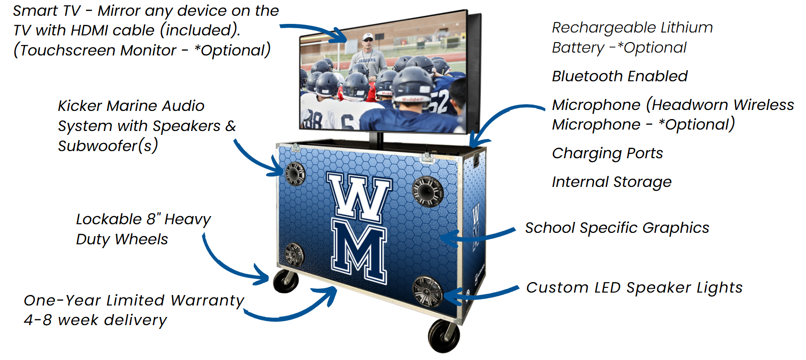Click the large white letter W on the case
pyautogui.click(x=359, y=196)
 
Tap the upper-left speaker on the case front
pyautogui.click(x=295, y=174)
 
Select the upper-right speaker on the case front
pyautogui.click(x=428, y=191)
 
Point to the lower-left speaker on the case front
pyautogui.click(x=294, y=254)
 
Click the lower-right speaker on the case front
pyautogui.click(x=427, y=291)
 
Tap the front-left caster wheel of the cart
pyautogui.click(x=286, y=281)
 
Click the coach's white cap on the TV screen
pyautogui.click(x=367, y=36)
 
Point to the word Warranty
pyautogui.click(x=207, y=300)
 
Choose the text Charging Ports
pyautogui.click(x=607, y=153)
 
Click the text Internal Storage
pyautogui.click(x=611, y=182)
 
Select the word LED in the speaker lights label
pyautogui.click(x=608, y=287)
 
